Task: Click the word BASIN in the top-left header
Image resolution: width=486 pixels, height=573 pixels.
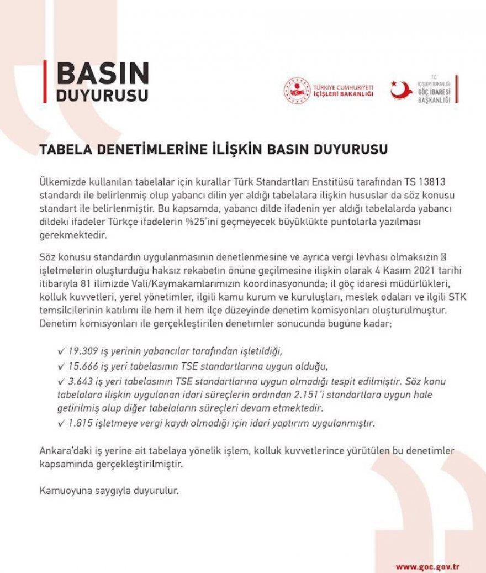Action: click(103, 73)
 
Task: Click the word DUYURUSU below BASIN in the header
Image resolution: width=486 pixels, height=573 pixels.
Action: click(103, 94)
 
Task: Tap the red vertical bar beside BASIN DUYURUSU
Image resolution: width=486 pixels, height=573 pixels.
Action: click(45, 82)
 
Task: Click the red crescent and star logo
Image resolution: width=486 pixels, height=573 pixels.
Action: click(401, 90)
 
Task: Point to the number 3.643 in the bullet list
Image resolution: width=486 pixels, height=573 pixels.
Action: click(78, 382)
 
